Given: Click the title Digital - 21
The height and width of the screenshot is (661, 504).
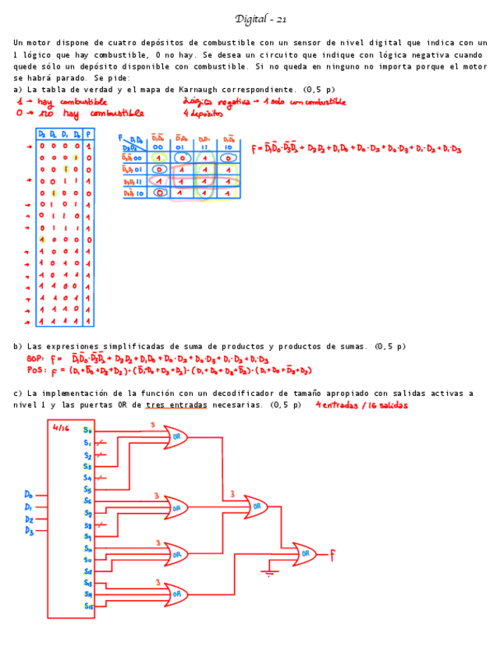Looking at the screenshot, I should tap(261, 19).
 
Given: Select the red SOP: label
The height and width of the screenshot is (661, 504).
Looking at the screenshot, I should tap(36, 359).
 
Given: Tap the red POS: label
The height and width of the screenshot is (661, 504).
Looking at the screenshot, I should tap(36, 370).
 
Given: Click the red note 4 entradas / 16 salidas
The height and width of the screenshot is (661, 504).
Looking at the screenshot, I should tap(362, 405).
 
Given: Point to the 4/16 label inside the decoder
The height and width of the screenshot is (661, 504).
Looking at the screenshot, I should tap(62, 427).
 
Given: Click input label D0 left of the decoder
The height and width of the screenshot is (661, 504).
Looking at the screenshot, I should tap(29, 494).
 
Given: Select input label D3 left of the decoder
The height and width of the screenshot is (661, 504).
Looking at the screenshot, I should tap(29, 531).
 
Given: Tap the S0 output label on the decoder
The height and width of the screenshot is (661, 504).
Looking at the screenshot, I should tap(88, 429).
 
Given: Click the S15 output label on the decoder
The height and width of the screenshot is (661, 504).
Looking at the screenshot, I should tap(88, 606).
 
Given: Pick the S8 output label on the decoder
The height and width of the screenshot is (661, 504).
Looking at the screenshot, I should tap(88, 525).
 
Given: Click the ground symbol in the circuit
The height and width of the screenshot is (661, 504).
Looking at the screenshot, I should tap(268, 573).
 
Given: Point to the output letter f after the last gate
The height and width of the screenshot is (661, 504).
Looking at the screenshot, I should tap(332, 555).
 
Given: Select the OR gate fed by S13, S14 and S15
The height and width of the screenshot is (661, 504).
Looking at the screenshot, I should tap(176, 595).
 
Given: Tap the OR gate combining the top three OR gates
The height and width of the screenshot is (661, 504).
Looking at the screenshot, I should tap(256, 507).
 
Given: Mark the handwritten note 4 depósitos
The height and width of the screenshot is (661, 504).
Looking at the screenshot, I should tap(205, 114).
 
